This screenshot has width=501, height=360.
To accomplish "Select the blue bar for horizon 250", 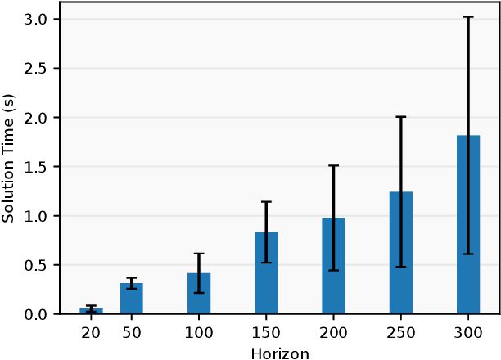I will [401, 253].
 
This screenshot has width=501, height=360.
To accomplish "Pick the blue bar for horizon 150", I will [267, 273].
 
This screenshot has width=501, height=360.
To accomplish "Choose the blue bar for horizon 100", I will [199, 294].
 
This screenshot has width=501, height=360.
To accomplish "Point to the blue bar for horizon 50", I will [132, 299].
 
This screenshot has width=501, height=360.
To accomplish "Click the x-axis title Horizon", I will [280, 353].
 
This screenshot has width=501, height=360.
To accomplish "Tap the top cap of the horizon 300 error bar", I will [468, 17].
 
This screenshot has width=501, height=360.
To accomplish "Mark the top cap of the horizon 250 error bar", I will [401, 117].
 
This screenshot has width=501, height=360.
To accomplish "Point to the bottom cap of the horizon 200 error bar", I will [334, 270].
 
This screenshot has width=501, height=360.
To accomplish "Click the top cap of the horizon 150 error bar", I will [267, 202].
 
